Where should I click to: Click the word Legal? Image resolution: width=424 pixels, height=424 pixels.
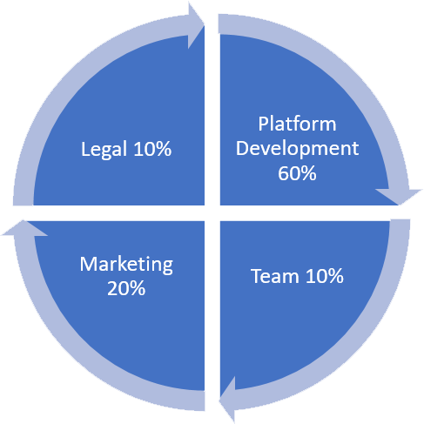(104, 150)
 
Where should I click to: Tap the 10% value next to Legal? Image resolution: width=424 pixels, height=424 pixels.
(152, 149)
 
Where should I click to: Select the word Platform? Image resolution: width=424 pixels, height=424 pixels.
(297, 124)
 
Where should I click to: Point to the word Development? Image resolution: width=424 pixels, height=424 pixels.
(297, 150)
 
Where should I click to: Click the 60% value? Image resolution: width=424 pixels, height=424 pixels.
(297, 173)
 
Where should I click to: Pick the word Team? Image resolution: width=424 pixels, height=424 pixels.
(274, 276)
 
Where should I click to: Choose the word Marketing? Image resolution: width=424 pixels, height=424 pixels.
(126, 265)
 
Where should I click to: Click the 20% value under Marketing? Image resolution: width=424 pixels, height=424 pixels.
(126, 288)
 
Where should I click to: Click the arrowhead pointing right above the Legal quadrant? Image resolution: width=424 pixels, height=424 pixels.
(195, 26)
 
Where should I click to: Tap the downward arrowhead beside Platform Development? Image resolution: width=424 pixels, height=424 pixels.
(399, 197)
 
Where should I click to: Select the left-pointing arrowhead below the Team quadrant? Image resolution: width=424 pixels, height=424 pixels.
(228, 398)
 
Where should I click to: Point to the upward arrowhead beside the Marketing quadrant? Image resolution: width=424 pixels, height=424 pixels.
(24, 228)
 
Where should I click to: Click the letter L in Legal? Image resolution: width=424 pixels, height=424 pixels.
(85, 149)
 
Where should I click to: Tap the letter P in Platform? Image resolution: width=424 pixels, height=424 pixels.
(263, 124)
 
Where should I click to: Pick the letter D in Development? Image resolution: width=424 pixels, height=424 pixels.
(242, 148)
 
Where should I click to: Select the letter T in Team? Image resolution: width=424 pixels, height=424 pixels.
(258, 276)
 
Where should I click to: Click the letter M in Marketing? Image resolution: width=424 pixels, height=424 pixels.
(88, 264)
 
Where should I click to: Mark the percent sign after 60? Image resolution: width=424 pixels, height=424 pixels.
(308, 173)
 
